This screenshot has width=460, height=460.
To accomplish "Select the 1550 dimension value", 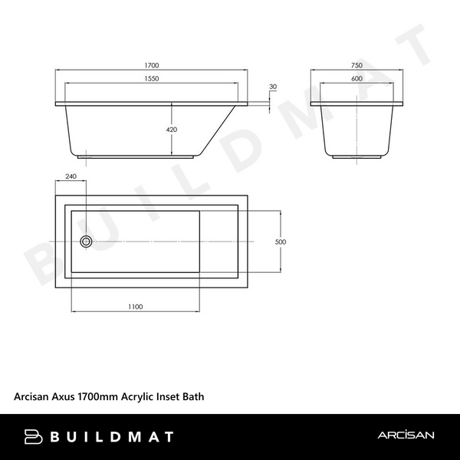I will [156, 79].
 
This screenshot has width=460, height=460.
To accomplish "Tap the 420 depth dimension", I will [172, 130].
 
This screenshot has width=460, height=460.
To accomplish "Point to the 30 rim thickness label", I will [273, 86].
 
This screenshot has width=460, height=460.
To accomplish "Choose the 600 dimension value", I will [356, 79].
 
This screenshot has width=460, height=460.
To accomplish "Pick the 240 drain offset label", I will [71, 176].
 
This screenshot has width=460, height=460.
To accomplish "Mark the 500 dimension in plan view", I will [280, 242].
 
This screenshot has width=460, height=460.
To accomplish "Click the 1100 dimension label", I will [135, 307].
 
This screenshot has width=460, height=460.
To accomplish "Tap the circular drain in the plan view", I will [86, 242].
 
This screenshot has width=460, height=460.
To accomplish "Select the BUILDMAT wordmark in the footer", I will [112, 437].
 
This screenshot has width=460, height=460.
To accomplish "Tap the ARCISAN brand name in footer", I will [406, 436].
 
